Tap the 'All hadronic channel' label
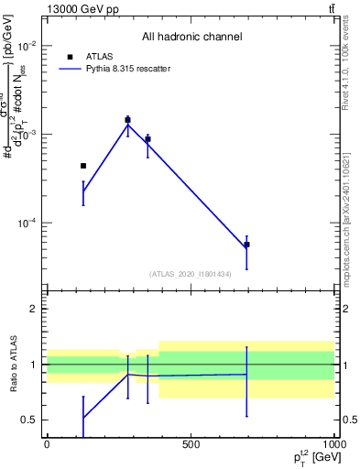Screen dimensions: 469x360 click(191, 37)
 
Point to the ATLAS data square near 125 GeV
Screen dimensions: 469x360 click(83, 166)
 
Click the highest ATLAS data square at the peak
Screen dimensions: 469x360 click(127, 120)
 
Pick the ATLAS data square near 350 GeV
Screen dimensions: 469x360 click(147, 139)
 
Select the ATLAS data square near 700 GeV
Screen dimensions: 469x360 click(246, 245)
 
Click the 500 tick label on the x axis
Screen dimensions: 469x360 click(191, 444)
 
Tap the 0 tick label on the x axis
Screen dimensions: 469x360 click(47, 444)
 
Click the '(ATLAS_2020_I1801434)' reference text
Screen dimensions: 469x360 click(190, 274)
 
